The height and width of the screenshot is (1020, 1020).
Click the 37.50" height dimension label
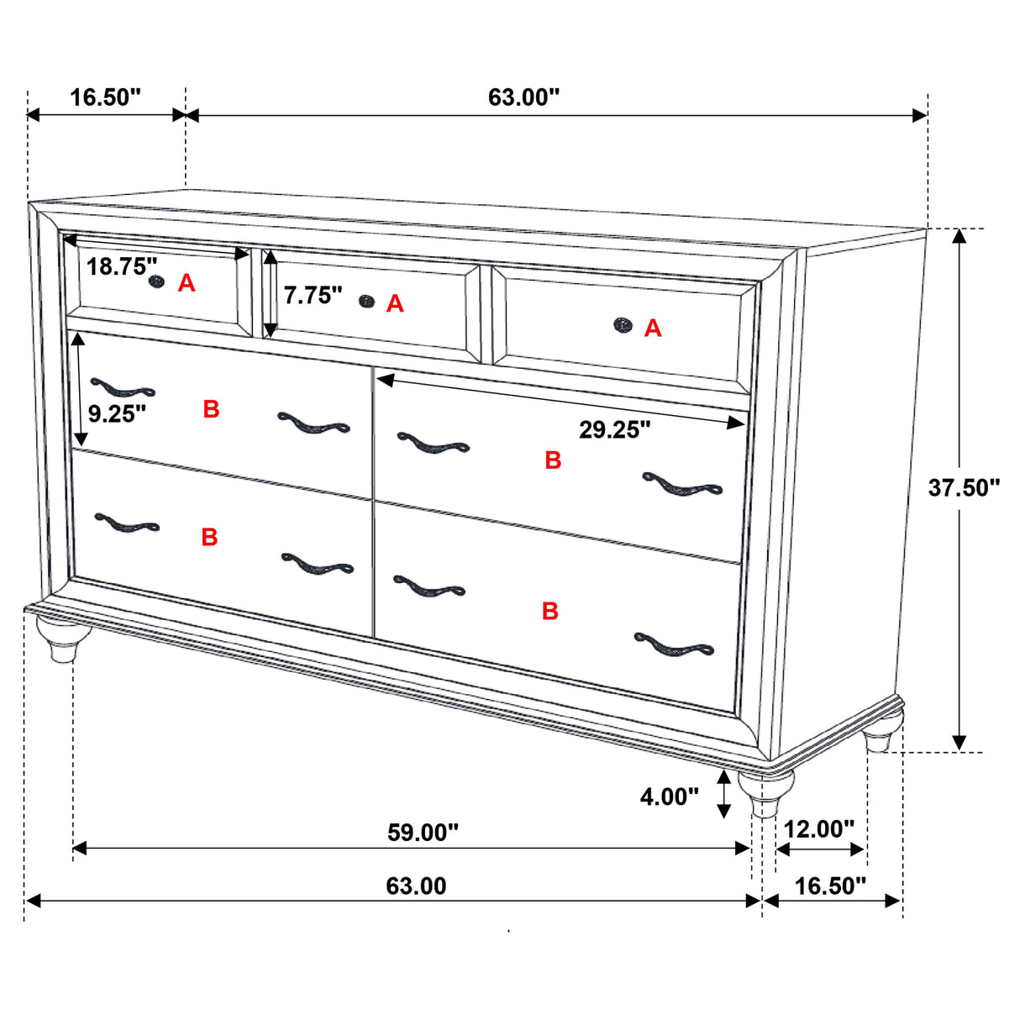964,487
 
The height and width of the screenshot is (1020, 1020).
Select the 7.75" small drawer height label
313,295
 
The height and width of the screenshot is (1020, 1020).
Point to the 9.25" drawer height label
117,413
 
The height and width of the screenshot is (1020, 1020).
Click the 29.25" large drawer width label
614,430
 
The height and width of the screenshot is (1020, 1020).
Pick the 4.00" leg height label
669,796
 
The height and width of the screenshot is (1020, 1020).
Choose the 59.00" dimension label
423,833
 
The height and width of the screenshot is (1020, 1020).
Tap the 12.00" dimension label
818,829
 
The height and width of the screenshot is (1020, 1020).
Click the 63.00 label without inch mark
416,886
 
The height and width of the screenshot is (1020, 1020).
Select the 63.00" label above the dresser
523,97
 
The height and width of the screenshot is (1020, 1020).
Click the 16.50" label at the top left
105,97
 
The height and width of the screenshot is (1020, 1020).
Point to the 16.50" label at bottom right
830,886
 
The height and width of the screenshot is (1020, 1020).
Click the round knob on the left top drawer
155,281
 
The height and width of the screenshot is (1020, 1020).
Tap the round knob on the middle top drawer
365,301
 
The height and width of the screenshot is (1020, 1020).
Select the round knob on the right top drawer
622,324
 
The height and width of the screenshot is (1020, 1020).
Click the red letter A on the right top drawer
653,329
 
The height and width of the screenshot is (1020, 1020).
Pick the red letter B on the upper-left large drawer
211,409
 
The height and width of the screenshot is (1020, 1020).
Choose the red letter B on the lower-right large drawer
550,611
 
